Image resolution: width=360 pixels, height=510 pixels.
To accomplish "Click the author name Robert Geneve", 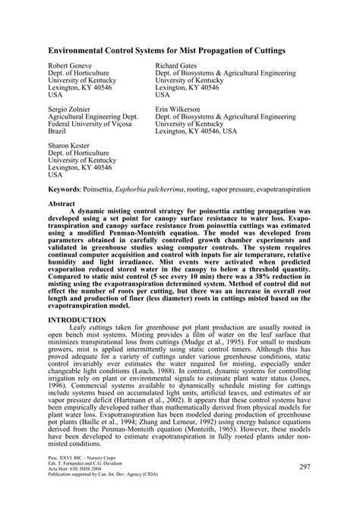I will tap(71, 67).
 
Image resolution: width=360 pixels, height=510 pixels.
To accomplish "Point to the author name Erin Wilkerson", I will tap(178, 109).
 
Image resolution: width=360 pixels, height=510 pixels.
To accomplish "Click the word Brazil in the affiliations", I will tap(58, 131).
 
